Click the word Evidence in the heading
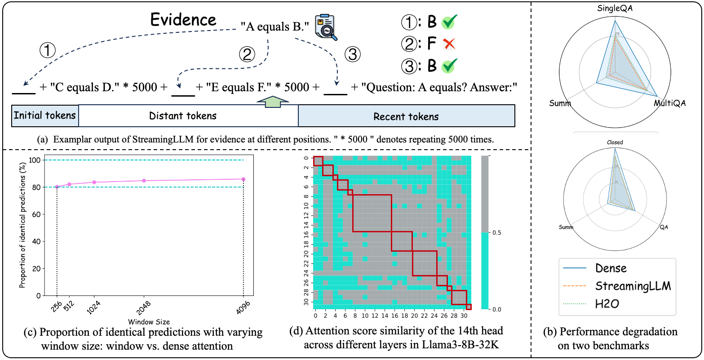[x=183, y=20]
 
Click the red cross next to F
[x=449, y=44]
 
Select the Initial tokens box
[x=45, y=116]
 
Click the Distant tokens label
[x=183, y=116]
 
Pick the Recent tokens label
[x=406, y=117]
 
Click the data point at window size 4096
[x=244, y=179]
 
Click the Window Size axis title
[x=149, y=322]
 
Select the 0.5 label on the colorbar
[x=497, y=233]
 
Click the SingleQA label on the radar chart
[x=615, y=9]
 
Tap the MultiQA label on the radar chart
[x=669, y=103]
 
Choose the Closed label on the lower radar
[x=615, y=142]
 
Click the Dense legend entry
[x=611, y=268]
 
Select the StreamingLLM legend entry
[x=633, y=286]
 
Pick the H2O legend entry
[x=607, y=304]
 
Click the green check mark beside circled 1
[x=449, y=22]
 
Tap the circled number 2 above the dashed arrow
[x=247, y=55]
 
